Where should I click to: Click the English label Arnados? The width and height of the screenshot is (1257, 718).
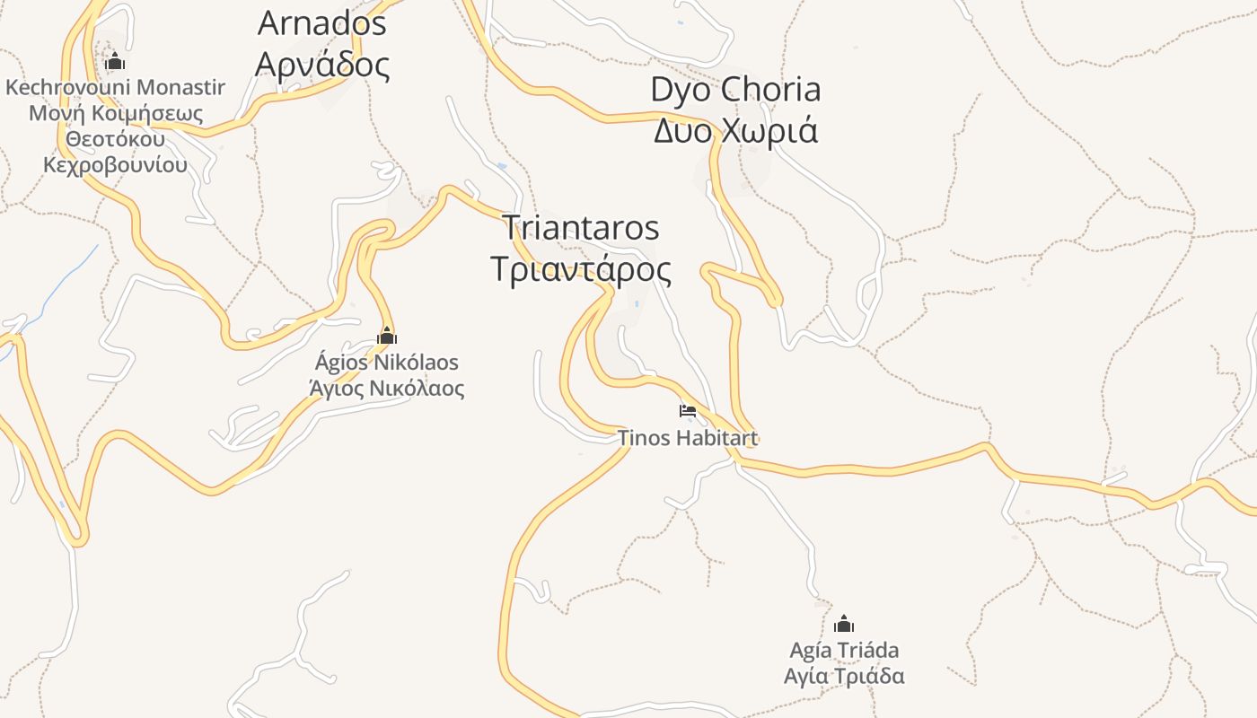tap(321, 23)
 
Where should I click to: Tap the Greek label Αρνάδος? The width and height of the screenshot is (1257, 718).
tap(321, 65)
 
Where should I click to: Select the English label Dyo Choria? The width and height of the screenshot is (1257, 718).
tap(735, 90)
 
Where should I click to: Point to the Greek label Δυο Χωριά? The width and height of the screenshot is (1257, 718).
tap(735, 131)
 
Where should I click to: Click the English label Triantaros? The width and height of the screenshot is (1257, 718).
tap(580, 228)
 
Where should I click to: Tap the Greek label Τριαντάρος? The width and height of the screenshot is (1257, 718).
tap(582, 269)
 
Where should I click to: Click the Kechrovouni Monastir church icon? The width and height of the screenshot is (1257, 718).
tap(114, 62)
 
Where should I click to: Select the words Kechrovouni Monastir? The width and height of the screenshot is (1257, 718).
tap(115, 88)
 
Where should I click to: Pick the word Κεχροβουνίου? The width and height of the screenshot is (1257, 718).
tap(116, 165)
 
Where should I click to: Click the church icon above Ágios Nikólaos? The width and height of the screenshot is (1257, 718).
tap(387, 337)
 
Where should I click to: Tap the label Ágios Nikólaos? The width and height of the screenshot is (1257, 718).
tap(386, 363)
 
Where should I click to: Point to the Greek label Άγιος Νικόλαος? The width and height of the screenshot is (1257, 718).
tap(386, 389)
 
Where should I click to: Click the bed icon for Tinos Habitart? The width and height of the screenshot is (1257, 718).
tap(688, 412)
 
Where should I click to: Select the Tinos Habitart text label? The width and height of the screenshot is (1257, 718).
tap(687, 438)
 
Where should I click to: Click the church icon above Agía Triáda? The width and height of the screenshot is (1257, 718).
tap(844, 624)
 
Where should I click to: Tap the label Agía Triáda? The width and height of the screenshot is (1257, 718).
tap(844, 650)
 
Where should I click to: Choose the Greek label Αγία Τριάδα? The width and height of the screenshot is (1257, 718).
tap(844, 676)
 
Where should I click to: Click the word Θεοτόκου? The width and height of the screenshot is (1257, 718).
tap(116, 140)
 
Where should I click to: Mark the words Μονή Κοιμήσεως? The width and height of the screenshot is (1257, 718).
tap(116, 114)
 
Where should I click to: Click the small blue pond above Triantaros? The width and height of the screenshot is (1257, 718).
tap(501, 166)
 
